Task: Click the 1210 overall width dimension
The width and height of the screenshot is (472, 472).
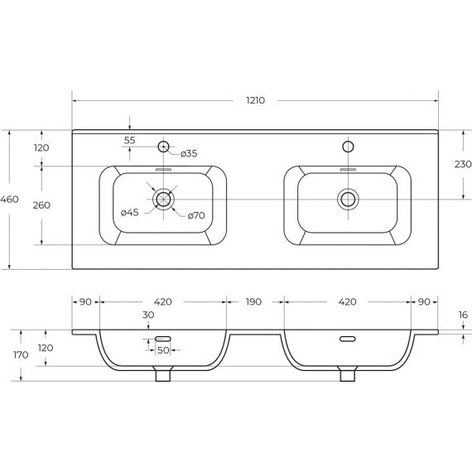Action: (256, 100)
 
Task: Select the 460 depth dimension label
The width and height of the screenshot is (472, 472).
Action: (9, 199)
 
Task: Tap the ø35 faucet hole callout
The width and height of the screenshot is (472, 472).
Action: (189, 153)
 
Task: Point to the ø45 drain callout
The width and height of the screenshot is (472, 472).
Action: (130, 213)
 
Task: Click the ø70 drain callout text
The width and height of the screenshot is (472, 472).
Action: (196, 215)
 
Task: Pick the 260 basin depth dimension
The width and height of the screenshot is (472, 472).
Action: (41, 205)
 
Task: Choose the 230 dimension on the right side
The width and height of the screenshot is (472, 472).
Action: (463, 164)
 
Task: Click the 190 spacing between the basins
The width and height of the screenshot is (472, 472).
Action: (253, 301)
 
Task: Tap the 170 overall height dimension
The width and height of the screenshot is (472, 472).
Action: (21, 354)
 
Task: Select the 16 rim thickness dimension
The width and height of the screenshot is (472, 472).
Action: (463, 315)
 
